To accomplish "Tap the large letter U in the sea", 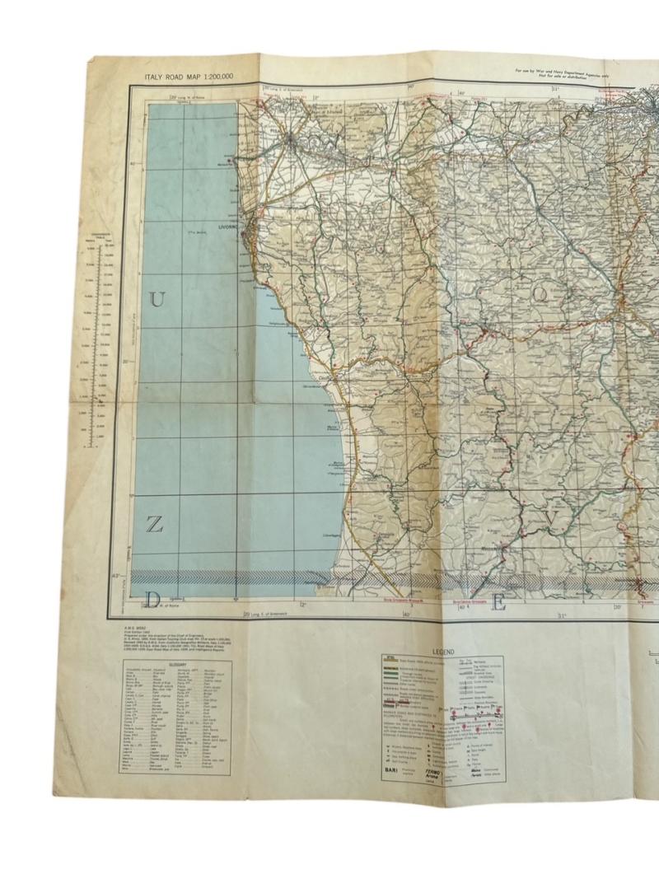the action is pyautogui.click(x=157, y=301).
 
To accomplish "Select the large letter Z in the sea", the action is pyautogui.click(x=154, y=525).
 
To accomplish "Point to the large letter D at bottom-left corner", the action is pyautogui.click(x=152, y=598).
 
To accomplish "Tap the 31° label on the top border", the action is pyautogui.click(x=556, y=89).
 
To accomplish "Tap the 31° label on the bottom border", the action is pyautogui.click(x=560, y=615).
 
